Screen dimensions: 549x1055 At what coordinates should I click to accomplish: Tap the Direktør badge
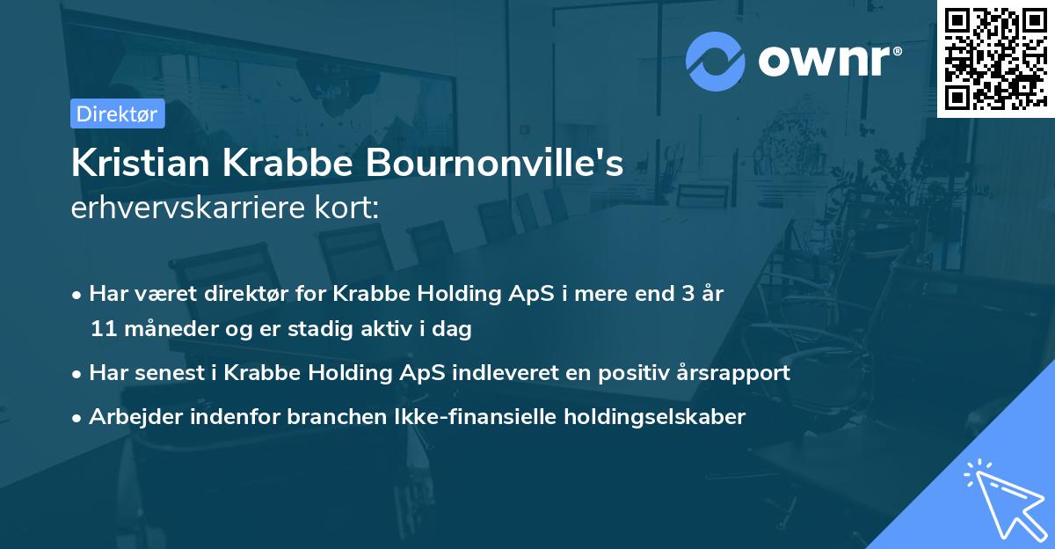click(x=117, y=113)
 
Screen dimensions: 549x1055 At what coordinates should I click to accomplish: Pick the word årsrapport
click(x=739, y=373)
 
